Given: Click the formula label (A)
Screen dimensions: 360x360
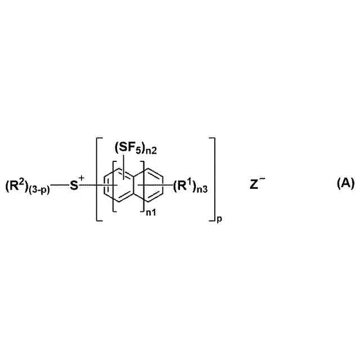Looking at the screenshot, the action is (345, 183).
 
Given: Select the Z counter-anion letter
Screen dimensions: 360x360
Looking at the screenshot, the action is (254, 184).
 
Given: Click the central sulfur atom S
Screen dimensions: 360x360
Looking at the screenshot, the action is (74, 185).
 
